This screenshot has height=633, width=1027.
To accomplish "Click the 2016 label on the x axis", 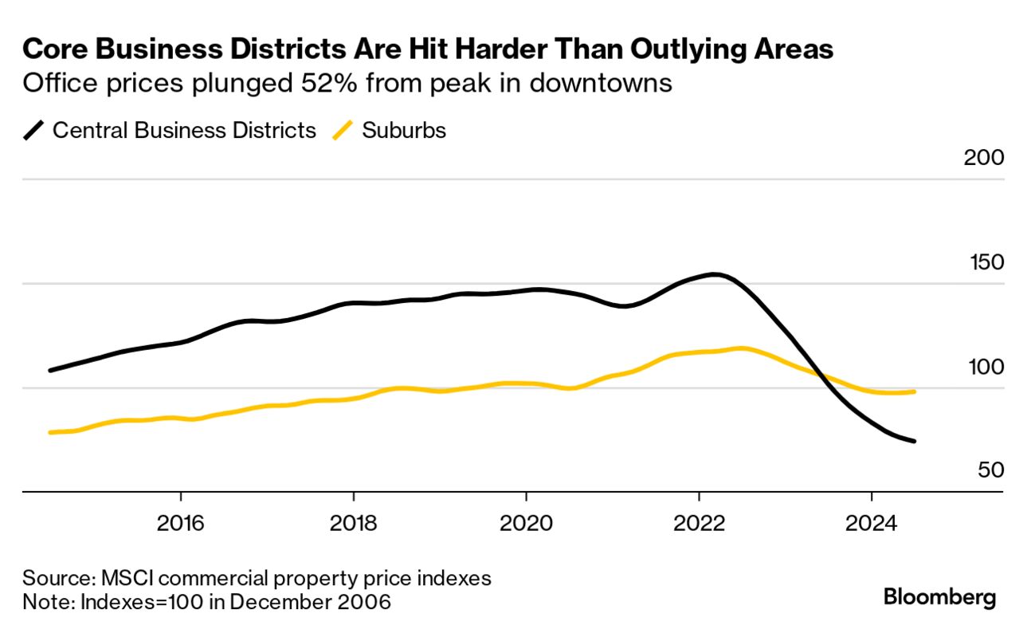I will click(181, 524).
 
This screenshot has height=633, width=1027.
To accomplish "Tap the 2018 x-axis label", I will click(353, 524).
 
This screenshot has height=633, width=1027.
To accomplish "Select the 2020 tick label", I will click(526, 524).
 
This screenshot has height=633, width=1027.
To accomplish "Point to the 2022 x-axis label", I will click(699, 524).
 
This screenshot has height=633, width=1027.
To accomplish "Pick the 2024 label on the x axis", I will click(872, 524).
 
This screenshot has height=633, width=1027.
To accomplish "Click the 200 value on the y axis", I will click(983, 158).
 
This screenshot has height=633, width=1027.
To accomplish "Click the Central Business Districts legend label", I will click(184, 131).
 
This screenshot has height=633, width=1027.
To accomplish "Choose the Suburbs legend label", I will click(404, 131).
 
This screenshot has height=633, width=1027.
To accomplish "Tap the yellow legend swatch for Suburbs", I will click(343, 131).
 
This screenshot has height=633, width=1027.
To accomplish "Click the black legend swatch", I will click(33, 131).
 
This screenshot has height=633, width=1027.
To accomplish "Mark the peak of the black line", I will click(715, 275).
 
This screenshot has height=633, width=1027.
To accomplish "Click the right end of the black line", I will click(913, 441).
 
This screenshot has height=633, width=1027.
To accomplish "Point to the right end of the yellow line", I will click(913, 391).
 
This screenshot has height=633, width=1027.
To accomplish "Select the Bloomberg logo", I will click(940, 597).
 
